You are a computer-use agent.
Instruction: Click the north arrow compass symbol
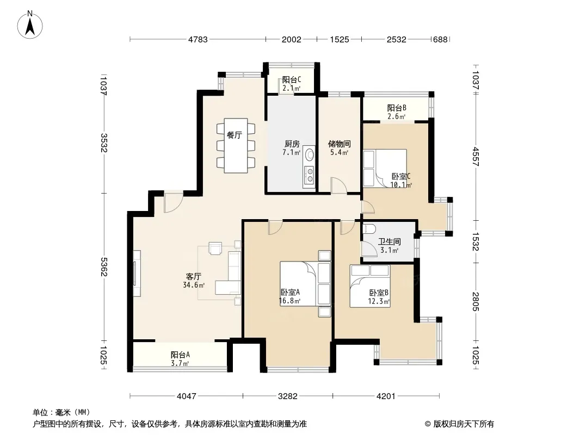pyautogui.click(x=30, y=24)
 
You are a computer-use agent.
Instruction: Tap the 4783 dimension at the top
pyautogui.click(x=198, y=40)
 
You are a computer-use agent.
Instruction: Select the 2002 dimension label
pyautogui.click(x=292, y=40)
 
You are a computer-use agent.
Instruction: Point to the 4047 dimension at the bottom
pyautogui.click(x=187, y=396)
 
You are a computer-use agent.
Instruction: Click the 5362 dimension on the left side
pyautogui.click(x=104, y=267)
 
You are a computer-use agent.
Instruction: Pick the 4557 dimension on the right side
pyautogui.click(x=476, y=157)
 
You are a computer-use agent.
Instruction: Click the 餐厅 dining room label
pyautogui.click(x=234, y=135)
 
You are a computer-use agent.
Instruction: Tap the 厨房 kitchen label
pyautogui.click(x=292, y=144)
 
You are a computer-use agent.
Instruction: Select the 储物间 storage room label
pyautogui.click(x=339, y=144)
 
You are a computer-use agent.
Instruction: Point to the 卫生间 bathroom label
pyautogui.click(x=390, y=242)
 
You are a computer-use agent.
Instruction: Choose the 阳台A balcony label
pyautogui.click(x=181, y=355)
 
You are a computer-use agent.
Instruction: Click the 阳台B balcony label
pyautogui.click(x=397, y=108)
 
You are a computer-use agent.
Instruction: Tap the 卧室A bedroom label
pyautogui.click(x=290, y=293)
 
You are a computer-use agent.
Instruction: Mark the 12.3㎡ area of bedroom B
pyautogui.click(x=379, y=302)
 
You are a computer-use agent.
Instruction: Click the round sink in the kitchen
pyautogui.click(x=309, y=154)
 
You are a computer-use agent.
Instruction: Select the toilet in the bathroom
pyautogui.click(x=369, y=229)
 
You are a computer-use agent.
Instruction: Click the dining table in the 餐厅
pyautogui.click(x=236, y=146)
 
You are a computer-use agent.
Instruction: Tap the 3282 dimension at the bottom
pyautogui.click(x=288, y=396)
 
